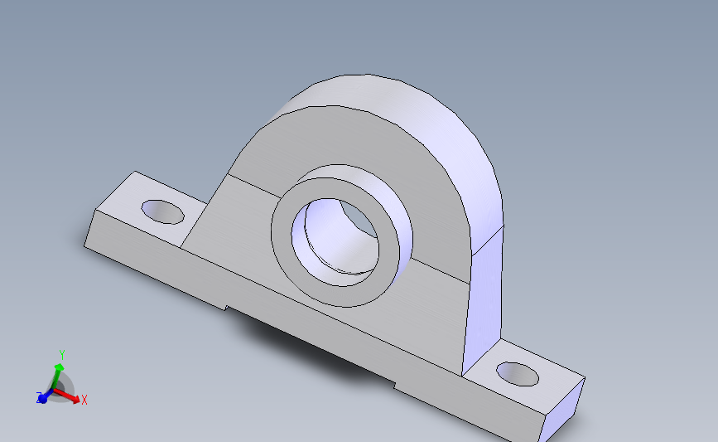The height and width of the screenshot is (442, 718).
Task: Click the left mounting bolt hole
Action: pos(162,211)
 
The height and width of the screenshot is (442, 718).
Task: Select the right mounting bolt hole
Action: pos(518,374)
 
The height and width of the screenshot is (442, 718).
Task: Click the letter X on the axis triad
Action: pos(84,400)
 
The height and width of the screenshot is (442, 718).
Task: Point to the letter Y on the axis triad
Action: pos(61,354)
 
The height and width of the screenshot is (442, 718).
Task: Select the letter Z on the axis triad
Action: pos(39,398)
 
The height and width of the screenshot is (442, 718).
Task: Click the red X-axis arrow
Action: pos(71,396)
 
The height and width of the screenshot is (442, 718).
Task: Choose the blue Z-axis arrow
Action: pos(45,396)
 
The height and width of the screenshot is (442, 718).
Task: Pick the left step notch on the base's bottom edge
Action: pos(226,308)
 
